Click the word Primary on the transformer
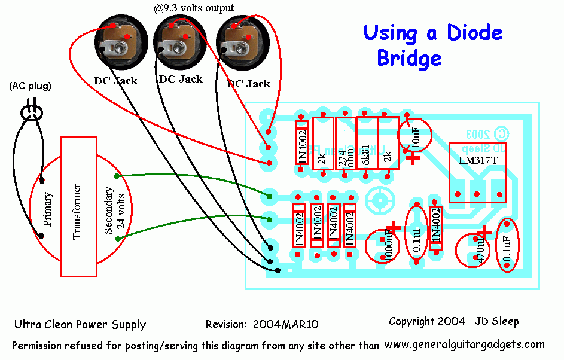[48, 209]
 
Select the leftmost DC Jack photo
[115, 41]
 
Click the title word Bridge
[409, 58]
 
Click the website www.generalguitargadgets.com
[464, 344]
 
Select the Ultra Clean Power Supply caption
[80, 325]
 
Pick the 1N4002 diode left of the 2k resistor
[302, 144]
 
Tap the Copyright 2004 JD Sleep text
[453, 321]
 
